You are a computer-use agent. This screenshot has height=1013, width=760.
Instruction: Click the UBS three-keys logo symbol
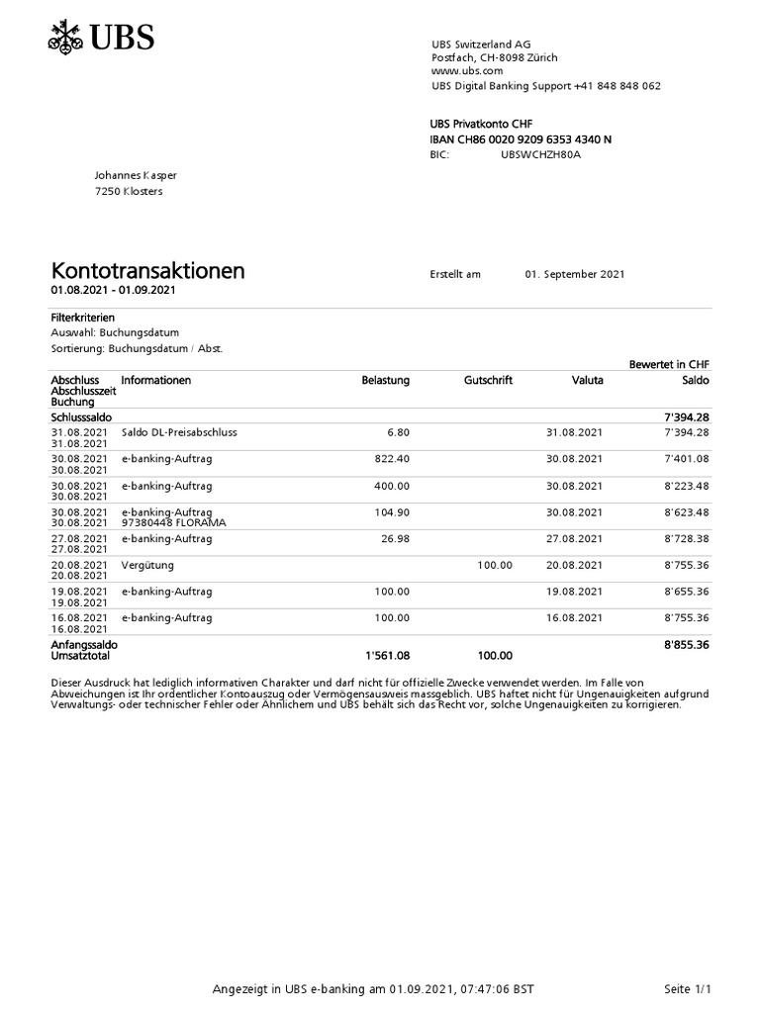66,39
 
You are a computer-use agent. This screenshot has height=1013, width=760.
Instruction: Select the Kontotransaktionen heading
147,271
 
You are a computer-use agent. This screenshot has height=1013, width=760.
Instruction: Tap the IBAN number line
521,139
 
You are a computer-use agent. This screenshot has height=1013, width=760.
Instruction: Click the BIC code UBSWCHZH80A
540,155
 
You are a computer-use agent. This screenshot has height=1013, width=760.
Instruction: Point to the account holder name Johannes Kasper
136,175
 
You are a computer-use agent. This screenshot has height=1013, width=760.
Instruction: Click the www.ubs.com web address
467,71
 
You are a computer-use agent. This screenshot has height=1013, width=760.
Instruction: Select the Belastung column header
385,380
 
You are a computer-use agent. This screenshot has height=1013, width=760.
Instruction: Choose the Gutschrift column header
488,380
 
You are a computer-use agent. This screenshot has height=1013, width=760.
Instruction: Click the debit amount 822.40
392,459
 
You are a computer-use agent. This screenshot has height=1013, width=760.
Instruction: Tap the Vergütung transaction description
147,565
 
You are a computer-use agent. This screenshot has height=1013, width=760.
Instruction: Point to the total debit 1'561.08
387,655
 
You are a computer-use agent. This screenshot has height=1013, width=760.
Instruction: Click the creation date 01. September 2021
575,274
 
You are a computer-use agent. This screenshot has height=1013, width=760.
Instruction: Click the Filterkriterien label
83,318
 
